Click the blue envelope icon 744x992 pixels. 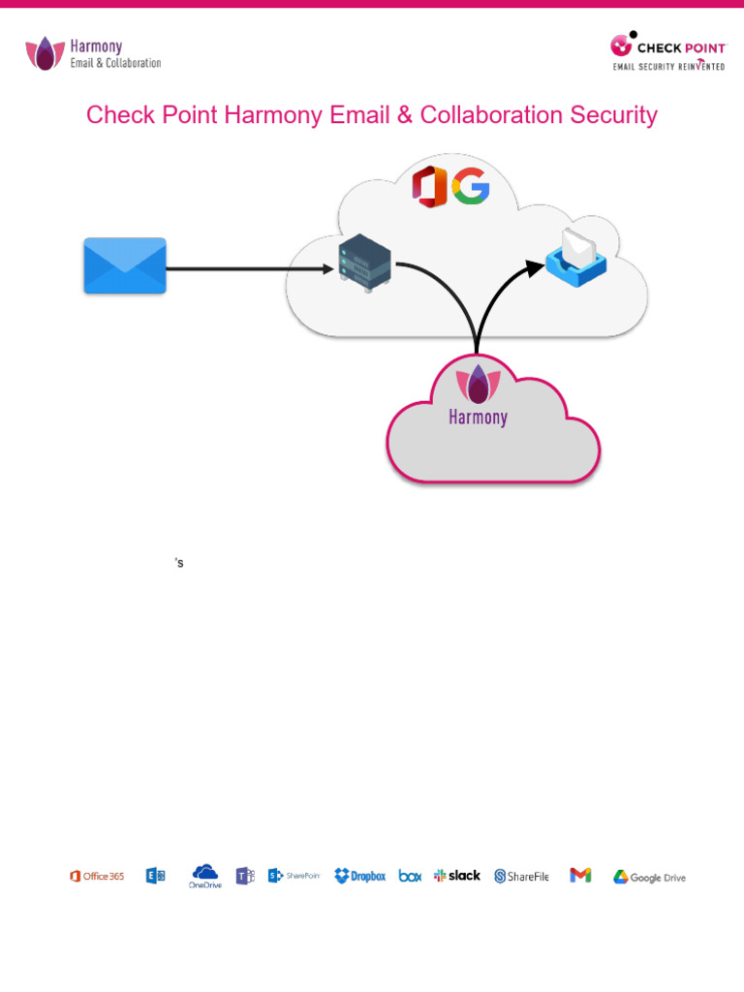click(x=125, y=265)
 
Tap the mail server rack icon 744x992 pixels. click(x=364, y=266)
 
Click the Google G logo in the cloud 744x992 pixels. click(x=470, y=186)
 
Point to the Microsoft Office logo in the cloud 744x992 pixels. click(x=429, y=186)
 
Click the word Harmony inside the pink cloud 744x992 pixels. click(x=478, y=418)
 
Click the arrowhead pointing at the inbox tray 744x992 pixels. click(x=533, y=263)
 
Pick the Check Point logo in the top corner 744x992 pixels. click(x=666, y=51)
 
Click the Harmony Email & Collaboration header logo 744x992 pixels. click(x=93, y=53)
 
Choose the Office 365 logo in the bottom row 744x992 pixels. click(x=97, y=876)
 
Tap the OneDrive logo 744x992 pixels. click(x=204, y=876)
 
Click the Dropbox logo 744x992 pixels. click(x=359, y=876)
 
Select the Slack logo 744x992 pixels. click(x=457, y=875)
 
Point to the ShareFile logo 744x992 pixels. click(x=521, y=876)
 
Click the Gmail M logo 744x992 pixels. click(x=580, y=875)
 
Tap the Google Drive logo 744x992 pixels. click(x=648, y=877)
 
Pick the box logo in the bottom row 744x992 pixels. click(x=410, y=876)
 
